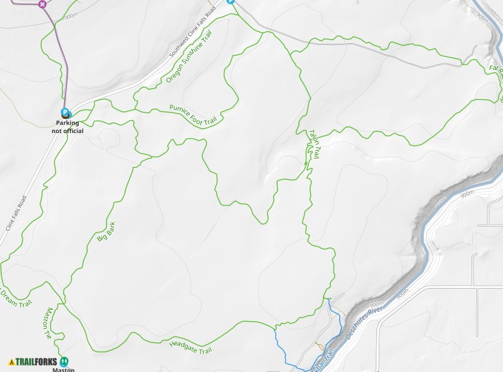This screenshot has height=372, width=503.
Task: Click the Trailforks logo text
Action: click(36, 361)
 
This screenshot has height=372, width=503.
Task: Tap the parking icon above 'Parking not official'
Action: click(66, 113)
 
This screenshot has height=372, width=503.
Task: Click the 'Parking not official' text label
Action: click(67, 127)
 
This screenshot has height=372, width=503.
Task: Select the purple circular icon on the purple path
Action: click(42, 4)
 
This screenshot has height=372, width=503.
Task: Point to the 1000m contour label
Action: click(70, 16)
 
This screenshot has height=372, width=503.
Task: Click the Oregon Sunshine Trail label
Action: click(189, 59)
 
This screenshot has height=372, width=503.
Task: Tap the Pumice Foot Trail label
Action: click(193, 115)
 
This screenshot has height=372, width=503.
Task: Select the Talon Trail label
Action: click(314, 144)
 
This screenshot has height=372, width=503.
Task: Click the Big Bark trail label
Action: click(106, 231)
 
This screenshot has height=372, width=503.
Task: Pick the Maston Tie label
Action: click(48, 323)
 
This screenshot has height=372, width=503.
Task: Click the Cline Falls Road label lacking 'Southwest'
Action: click(16, 213)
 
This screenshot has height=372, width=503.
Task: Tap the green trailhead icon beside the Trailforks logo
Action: click(65, 361)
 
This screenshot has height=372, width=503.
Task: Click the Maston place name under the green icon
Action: click(63, 370)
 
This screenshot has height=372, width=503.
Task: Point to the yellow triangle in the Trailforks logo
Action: click(12, 361)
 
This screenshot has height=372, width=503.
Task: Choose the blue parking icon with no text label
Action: click(231, 2)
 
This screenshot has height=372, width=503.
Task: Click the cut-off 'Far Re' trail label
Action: click(495, 69)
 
